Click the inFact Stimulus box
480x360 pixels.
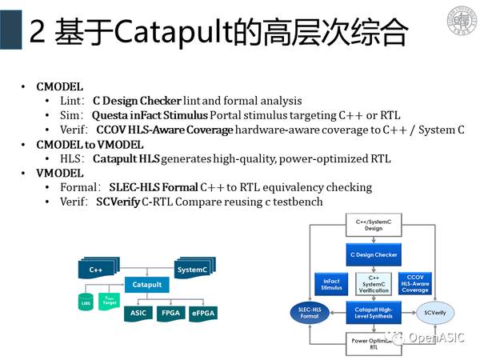(331, 284)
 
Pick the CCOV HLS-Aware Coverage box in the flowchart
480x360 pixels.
(414, 284)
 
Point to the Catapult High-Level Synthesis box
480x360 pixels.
(373, 314)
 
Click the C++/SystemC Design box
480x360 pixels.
(373, 223)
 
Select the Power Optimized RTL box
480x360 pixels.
(373, 344)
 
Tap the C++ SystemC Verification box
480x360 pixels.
(373, 284)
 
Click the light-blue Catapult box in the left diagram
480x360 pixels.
(146, 284)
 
